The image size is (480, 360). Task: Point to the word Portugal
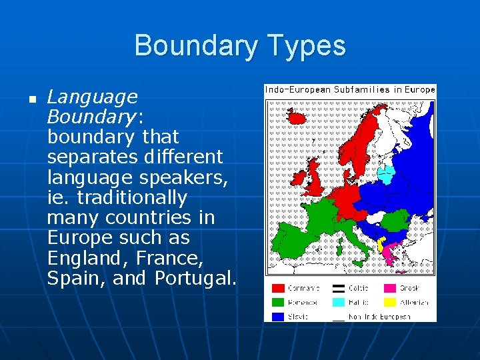coord(195,278)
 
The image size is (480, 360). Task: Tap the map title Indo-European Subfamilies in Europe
coord(350,89)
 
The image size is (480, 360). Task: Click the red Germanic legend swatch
coord(277,288)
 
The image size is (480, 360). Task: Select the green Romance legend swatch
coord(277,302)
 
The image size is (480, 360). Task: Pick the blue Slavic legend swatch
coord(277,317)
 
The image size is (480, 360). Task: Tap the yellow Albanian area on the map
coord(381,245)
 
